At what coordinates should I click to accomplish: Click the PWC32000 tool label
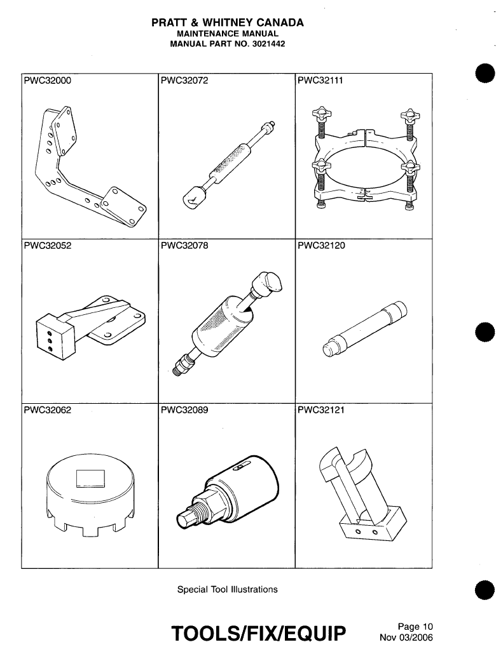click(48, 81)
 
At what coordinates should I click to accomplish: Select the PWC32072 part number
click(184, 81)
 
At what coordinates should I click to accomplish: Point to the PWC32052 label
click(48, 246)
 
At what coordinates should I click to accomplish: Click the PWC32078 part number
click(184, 246)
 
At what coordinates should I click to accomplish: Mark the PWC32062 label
click(48, 410)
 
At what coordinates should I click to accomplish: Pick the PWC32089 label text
click(184, 410)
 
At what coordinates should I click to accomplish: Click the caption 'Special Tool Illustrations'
click(227, 589)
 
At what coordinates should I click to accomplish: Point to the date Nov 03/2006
click(406, 637)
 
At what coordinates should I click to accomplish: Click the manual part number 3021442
click(266, 44)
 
